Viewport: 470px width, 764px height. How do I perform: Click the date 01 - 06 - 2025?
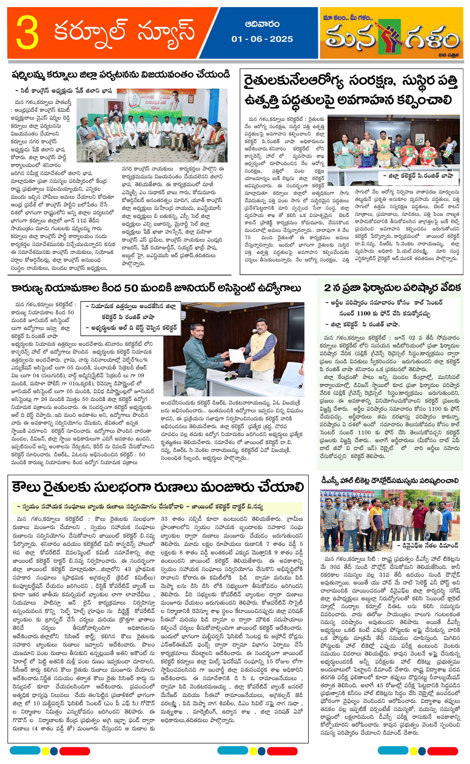click(x=262, y=39)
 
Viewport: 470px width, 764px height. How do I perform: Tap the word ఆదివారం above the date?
click(x=262, y=24)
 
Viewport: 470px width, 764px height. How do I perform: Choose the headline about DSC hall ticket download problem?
click(x=390, y=481)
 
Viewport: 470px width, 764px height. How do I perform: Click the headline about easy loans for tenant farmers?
click(x=158, y=487)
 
